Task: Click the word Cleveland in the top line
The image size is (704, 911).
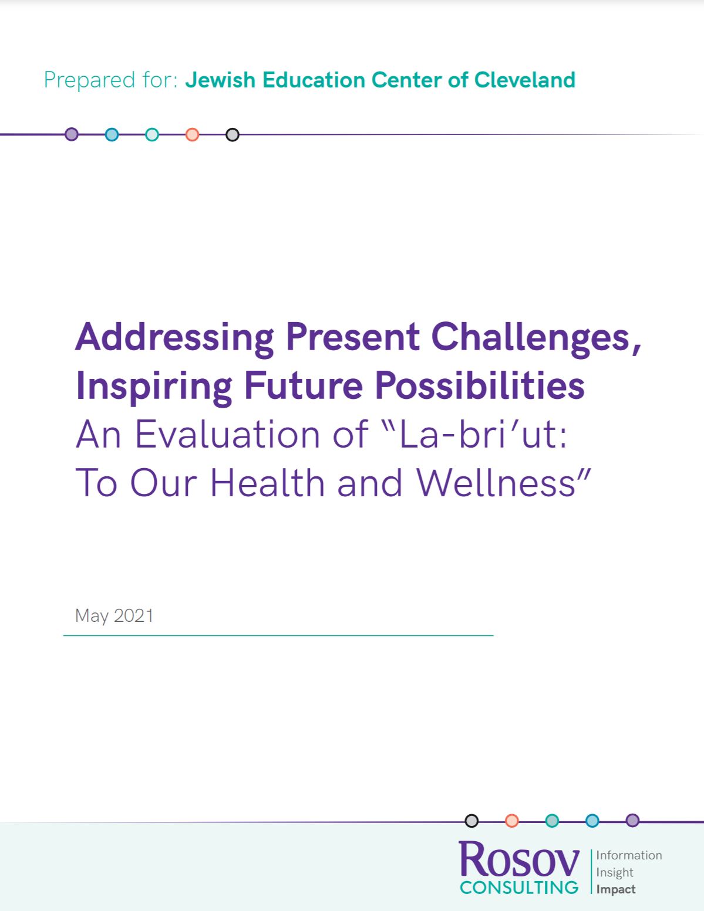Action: pos(524,80)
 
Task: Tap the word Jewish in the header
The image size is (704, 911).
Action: pos(220,80)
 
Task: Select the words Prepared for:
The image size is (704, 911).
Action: pos(111,80)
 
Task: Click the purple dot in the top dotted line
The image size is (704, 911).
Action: pos(72,134)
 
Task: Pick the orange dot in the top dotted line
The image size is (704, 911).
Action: pos(192,134)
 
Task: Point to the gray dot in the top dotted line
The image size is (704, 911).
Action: pos(233,134)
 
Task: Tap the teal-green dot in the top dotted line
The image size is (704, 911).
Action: pos(152,134)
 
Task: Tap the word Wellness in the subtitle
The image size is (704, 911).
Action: pos(496,483)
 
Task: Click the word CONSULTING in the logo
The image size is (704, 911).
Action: pos(519,887)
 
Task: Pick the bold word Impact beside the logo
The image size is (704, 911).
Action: pos(616,889)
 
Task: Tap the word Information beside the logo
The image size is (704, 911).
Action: pos(629,855)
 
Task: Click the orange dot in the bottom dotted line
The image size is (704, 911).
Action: pos(512,821)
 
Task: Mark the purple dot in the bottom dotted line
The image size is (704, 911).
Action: pos(632,820)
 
